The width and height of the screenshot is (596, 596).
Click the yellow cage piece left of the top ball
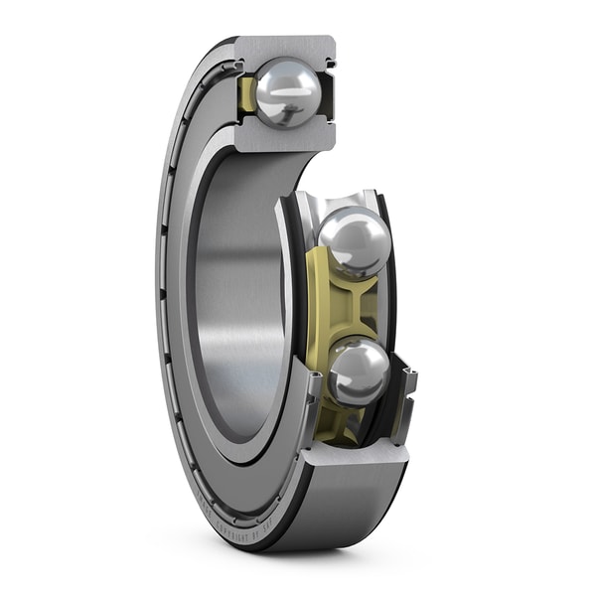[247, 95]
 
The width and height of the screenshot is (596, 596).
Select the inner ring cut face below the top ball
[283, 139]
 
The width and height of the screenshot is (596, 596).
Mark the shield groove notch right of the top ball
[329, 63]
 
